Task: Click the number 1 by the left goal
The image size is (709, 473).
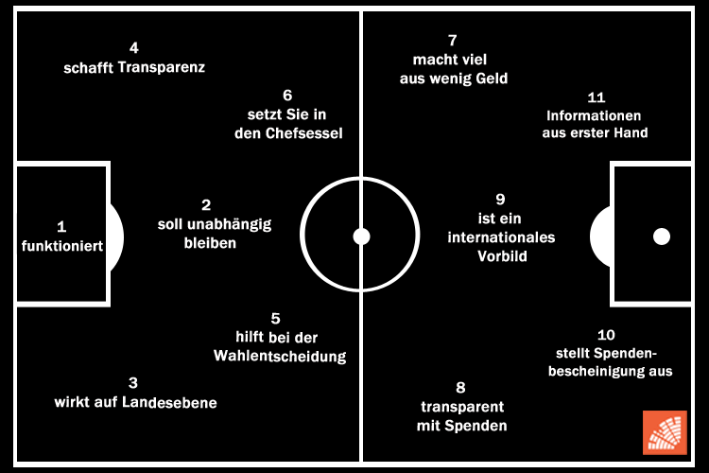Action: [x=61, y=226]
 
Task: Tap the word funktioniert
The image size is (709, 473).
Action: [x=61, y=246]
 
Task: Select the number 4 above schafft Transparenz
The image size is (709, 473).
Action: [x=133, y=47]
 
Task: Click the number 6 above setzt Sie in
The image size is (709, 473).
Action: [x=287, y=95]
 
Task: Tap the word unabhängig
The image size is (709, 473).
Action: [x=228, y=224]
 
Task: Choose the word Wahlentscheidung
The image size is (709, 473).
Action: [x=281, y=357]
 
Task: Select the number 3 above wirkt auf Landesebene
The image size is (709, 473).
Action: [x=133, y=383]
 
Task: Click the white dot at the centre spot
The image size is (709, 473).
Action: [x=361, y=236]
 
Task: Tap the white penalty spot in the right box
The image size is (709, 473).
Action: [x=661, y=236]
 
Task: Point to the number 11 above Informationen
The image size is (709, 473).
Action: [x=596, y=96]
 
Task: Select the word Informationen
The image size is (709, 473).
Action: [x=595, y=115]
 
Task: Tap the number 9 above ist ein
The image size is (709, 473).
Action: [x=501, y=199]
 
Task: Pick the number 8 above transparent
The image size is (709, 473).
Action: [x=461, y=387]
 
